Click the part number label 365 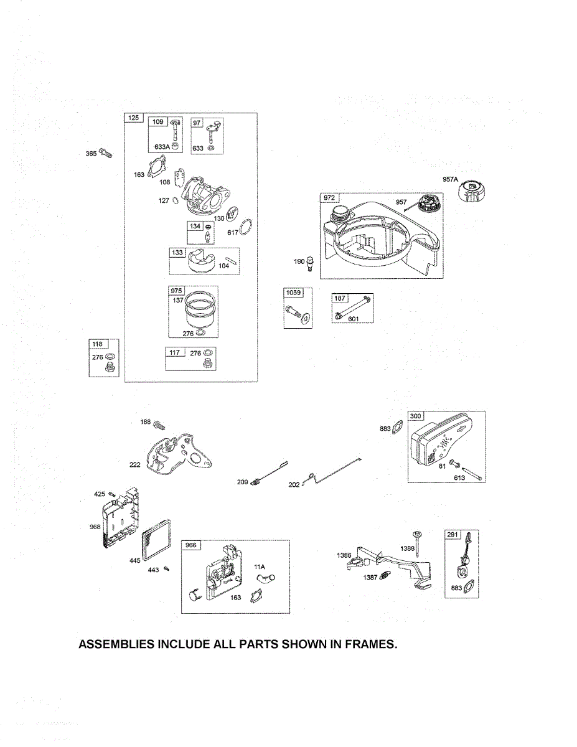91,154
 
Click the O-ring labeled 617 246,227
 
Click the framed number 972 329,198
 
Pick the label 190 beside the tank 299,261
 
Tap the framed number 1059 293,293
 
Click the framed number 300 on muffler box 415,416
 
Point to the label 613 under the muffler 459,478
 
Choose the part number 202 294,484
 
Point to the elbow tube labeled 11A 265,580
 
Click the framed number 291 453,534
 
